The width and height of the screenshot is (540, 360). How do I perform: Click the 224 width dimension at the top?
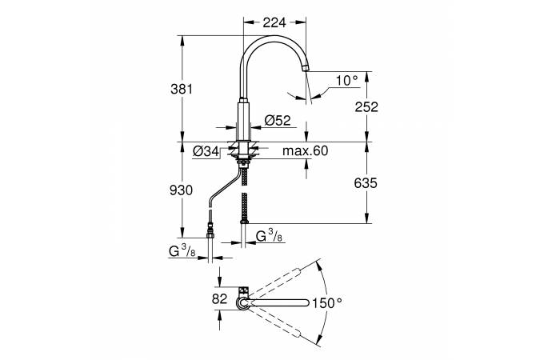[x=274, y=22]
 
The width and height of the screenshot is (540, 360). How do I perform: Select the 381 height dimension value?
[x=182, y=90]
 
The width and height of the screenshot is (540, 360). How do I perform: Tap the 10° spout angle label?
[x=347, y=81]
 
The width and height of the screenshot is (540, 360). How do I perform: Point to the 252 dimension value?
[x=366, y=106]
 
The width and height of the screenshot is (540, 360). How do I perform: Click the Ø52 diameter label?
[x=278, y=120]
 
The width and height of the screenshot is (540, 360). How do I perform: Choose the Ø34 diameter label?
[x=206, y=151]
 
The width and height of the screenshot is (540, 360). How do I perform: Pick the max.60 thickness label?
[x=305, y=150]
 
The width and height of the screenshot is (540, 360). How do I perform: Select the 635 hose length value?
[x=366, y=183]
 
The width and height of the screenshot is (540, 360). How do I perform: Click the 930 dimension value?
[x=181, y=190]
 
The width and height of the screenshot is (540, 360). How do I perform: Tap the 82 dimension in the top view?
[x=219, y=298]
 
